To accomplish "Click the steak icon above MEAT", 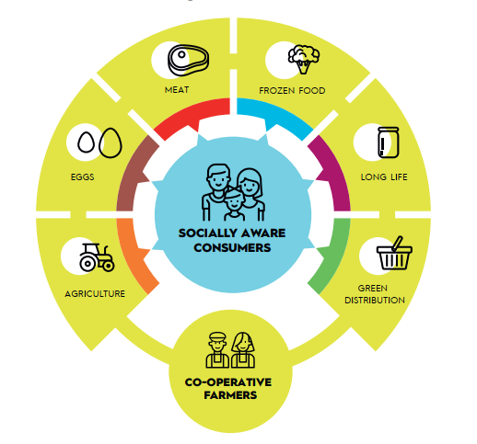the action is click(188, 60).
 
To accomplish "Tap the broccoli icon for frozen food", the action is click(304, 59).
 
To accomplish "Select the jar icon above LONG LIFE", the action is click(389, 142).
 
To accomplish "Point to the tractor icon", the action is click(97, 257).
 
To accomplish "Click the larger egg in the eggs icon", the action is click(111, 142).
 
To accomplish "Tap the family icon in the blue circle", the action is click(233, 192).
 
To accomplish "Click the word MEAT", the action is click(177, 90).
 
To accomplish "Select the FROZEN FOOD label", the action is click(292, 91).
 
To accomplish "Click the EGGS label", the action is click(83, 176).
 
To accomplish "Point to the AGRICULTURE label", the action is click(95, 294).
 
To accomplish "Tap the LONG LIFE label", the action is click(384, 177).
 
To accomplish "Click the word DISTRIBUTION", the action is click(375, 301).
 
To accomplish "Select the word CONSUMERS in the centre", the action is click(232, 247).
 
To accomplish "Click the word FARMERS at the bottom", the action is click(230, 395).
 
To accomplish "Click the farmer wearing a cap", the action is click(217, 350).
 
